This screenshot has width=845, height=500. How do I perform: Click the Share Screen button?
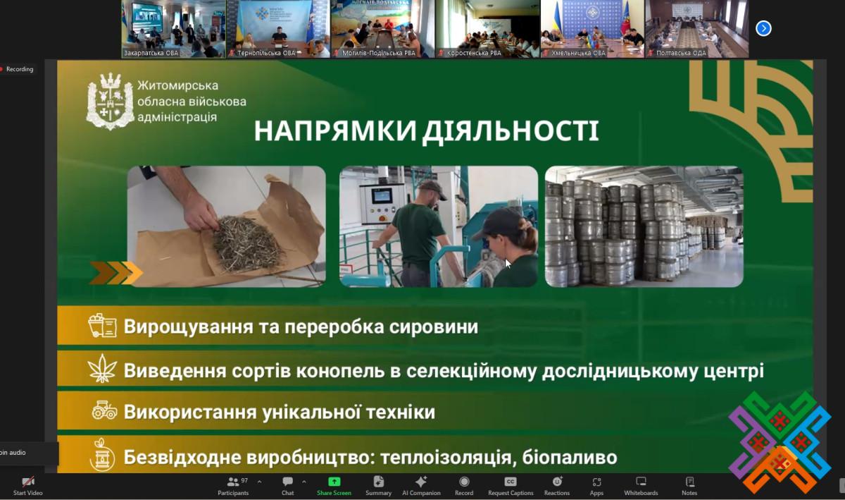coord(334,487)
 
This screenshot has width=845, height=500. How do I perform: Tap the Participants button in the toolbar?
coord(233,487)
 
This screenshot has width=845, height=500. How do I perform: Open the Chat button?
coord(287,487)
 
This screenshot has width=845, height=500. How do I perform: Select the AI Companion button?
coord(421,487)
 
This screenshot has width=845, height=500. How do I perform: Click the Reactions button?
coord(557,487)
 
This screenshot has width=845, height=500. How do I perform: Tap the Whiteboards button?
coord(641,487)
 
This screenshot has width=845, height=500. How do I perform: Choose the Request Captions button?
coord(511,487)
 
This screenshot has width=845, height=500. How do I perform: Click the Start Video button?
coord(28,487)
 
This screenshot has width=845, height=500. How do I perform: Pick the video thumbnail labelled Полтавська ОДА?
coord(696,29)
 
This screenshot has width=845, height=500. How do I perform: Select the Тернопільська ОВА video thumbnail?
coord(278,29)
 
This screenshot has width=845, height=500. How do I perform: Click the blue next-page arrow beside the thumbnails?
coord(763,28)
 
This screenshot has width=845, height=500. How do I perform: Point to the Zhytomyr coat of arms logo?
coord(110,102)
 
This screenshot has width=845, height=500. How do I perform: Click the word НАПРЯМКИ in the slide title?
coord(335,130)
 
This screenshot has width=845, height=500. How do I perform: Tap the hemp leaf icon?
coord(102,369)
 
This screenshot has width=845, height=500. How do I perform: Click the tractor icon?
coord(104,410)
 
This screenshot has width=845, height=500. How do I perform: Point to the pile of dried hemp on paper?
coord(248,244)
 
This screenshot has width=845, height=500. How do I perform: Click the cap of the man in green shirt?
coord(433,189)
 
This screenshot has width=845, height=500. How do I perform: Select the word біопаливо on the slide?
coord(570,457)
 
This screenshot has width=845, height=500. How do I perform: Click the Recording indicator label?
coord(20,69)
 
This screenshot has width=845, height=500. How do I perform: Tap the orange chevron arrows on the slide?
coord(115,272)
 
